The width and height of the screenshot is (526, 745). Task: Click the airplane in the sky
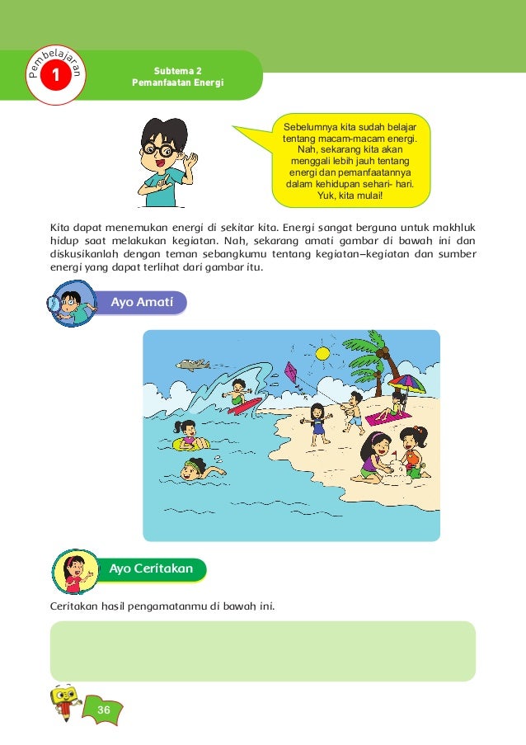[191, 364]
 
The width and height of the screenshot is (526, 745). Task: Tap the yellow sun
[322, 353]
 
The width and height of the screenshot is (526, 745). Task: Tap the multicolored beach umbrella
[406, 383]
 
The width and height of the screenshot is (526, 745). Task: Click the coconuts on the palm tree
[382, 352]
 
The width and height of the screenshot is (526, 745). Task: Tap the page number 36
[103, 711]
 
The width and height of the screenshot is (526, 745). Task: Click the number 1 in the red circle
[54, 76]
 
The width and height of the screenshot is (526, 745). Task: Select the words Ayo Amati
[142, 303]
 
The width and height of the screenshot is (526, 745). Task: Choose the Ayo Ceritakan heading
[151, 568]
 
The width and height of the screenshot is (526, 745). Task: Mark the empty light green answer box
[263, 651]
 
